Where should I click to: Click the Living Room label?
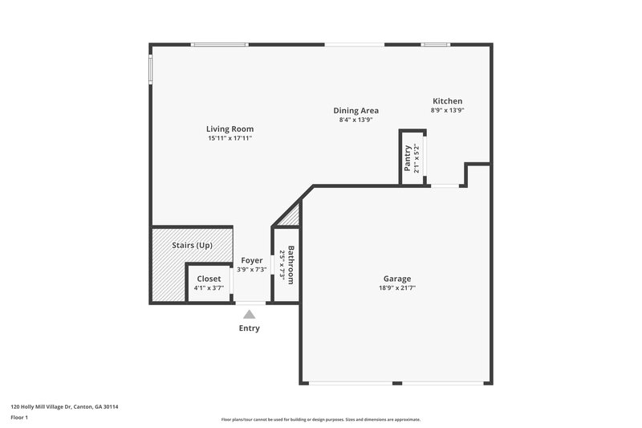tap(230, 128)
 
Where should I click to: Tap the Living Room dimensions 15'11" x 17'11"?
tap(230, 138)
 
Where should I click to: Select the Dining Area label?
tap(356, 111)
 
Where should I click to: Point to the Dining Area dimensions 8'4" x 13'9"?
tap(356, 120)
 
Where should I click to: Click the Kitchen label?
tap(447, 101)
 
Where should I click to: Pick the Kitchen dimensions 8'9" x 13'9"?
tap(447, 111)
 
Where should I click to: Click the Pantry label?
tap(408, 157)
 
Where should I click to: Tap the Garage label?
tap(396, 279)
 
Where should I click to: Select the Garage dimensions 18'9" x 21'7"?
tap(396, 288)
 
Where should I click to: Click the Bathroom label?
tap(291, 265)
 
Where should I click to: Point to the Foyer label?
tap(252, 260)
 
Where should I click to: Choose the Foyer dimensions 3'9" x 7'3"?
tap(252, 270)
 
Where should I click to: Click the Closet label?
tap(209, 279)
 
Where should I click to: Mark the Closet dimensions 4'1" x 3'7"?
tap(209, 288)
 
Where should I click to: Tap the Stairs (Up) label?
tap(193, 245)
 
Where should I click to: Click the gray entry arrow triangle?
tap(250, 315)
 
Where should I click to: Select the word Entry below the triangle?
tap(250, 328)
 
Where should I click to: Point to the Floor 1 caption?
tap(19, 418)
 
